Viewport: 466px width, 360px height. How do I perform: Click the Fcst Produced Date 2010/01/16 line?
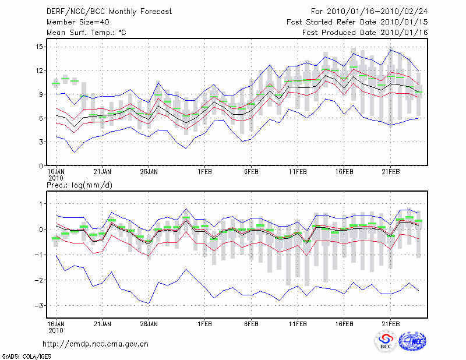pyautogui.click(x=365, y=33)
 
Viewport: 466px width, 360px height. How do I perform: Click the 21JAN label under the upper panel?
pyautogui.click(x=102, y=172)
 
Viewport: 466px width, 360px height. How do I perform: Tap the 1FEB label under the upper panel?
pyautogui.click(x=204, y=172)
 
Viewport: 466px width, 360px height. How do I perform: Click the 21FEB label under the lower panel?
pyautogui.click(x=391, y=323)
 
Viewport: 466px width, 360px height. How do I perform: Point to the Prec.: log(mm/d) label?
pyautogui.click(x=79, y=185)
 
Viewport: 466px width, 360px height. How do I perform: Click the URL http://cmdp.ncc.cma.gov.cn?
pyautogui.click(x=96, y=344)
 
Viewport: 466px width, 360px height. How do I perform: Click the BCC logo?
pyautogui.click(x=386, y=341)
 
